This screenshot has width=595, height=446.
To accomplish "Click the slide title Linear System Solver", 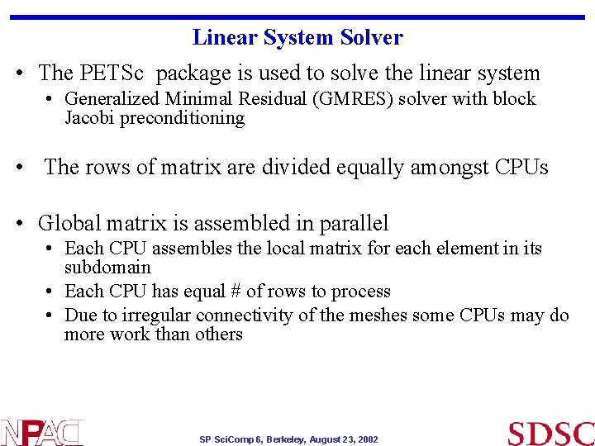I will click(297, 38).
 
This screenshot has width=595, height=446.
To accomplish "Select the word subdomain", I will click(107, 268).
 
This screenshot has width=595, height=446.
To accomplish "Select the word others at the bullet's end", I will click(220, 334).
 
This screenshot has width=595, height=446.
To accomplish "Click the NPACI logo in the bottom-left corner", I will click(41, 432).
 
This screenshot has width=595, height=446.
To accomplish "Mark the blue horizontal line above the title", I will click(297, 17).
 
